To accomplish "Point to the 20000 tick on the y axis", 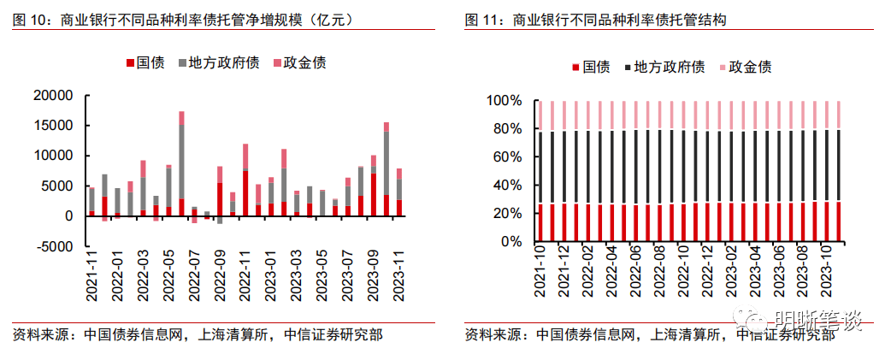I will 56,96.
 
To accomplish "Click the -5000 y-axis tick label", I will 56,246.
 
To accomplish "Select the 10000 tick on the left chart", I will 56,156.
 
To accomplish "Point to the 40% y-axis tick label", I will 506,186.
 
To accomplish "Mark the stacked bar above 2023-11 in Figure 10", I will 399,192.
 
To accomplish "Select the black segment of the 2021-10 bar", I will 540,168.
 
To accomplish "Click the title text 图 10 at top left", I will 29,19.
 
